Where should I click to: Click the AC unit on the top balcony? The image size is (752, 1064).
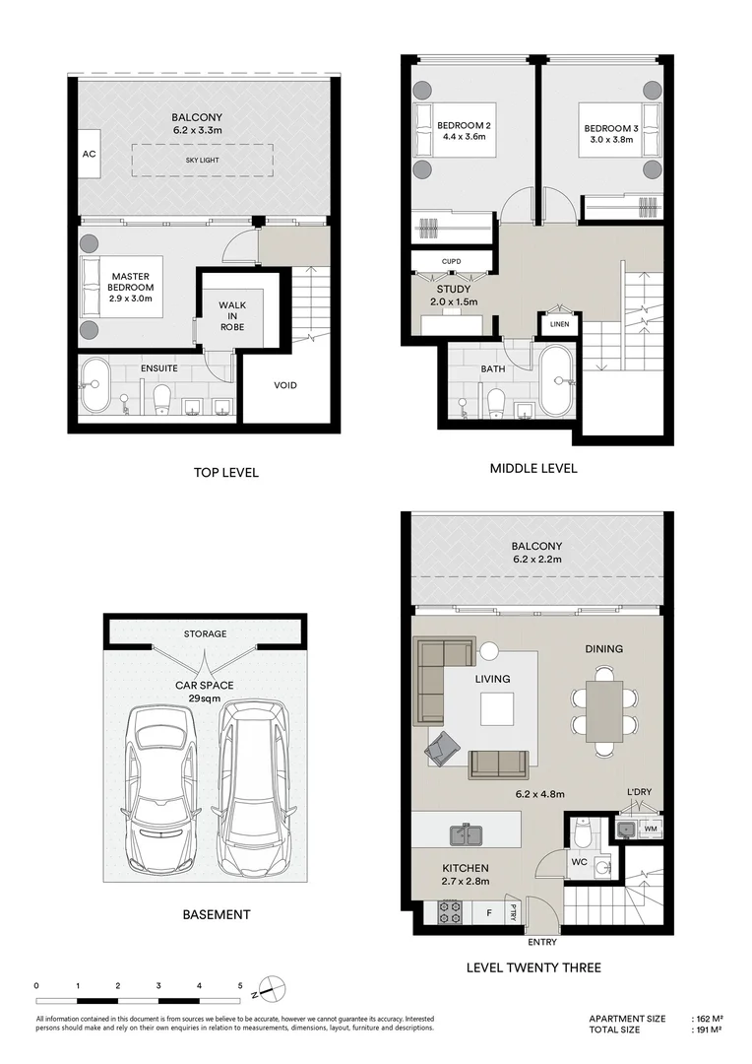click(x=89, y=154)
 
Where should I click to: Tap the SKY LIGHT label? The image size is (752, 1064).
click(x=202, y=161)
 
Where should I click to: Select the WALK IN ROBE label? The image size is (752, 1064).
click(x=232, y=316)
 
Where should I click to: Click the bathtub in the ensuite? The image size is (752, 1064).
click(x=95, y=385)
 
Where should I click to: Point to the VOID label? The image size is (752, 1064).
click(x=285, y=385)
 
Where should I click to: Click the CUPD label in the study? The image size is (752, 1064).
click(x=451, y=261)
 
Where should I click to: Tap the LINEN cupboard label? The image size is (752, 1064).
click(x=559, y=324)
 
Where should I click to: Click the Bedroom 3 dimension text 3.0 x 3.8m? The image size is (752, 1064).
click(x=611, y=139)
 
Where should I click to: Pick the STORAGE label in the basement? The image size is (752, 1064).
click(x=205, y=633)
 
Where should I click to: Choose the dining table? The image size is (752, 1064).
click(x=604, y=711)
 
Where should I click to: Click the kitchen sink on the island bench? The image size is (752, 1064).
click(x=467, y=834)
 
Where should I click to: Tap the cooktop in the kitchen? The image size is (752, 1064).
click(x=449, y=911)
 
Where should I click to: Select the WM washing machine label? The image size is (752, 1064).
click(x=651, y=829)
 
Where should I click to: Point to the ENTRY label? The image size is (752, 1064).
click(x=541, y=942)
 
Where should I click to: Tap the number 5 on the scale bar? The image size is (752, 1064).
click(x=239, y=985)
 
